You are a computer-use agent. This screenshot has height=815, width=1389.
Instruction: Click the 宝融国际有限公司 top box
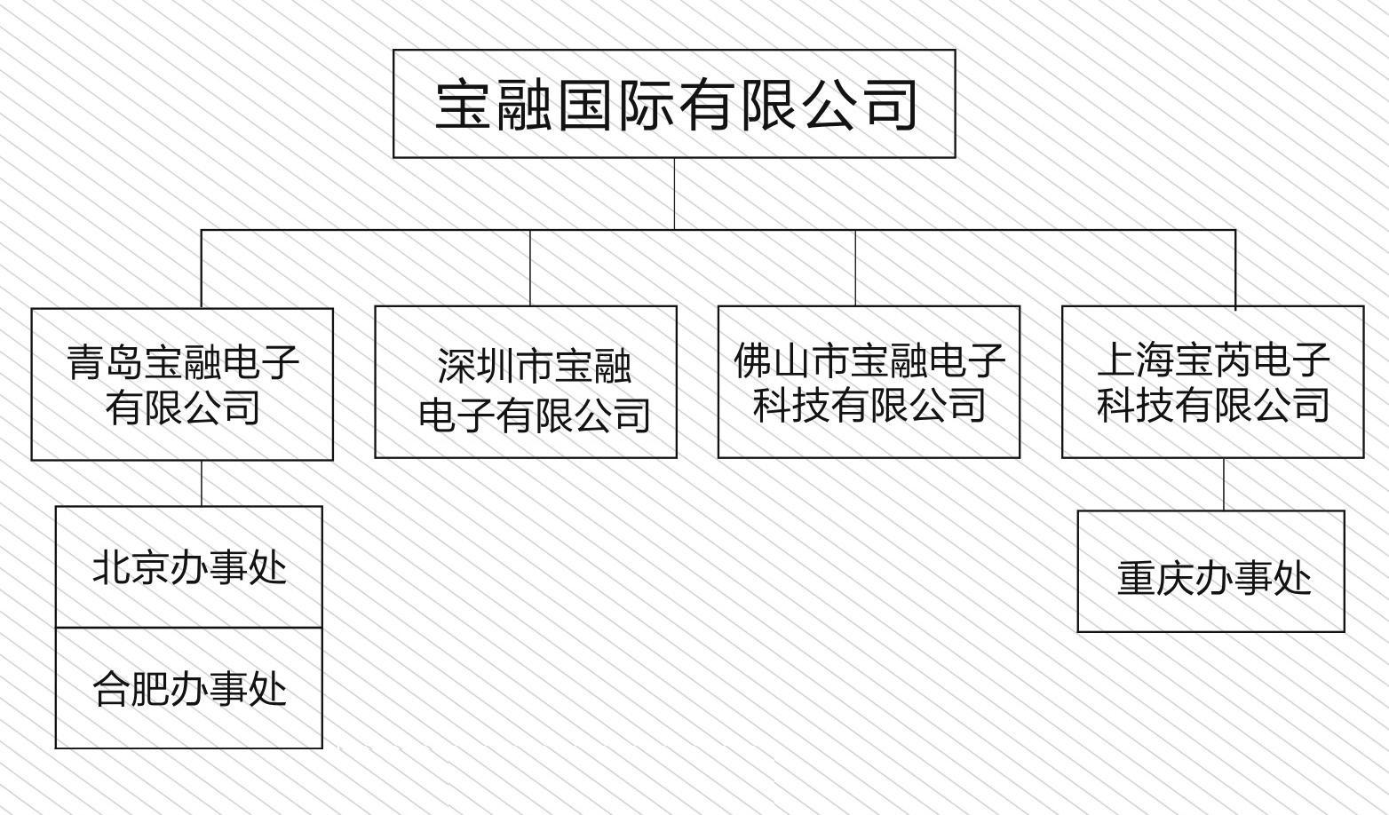point(674,104)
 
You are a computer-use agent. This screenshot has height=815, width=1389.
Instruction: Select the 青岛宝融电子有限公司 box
point(182,384)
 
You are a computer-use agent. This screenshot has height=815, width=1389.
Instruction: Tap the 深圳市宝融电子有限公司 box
point(526,382)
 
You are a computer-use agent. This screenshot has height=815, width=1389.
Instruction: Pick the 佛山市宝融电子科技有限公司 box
point(869,382)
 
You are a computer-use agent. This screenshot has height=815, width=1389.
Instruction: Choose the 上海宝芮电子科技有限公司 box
point(1212,382)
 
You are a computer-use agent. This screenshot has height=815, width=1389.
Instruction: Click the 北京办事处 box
point(188,567)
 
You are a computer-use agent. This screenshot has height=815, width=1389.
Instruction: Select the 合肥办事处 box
point(188,688)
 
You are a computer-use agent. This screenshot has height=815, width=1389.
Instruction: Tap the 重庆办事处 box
point(1210,571)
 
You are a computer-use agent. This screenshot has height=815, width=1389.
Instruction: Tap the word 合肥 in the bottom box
point(131,689)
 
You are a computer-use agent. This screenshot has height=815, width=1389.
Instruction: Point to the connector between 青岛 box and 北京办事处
point(202,483)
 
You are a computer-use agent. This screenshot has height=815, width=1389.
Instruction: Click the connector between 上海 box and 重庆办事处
point(1224,484)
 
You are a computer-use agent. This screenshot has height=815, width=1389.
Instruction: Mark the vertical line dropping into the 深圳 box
point(530,268)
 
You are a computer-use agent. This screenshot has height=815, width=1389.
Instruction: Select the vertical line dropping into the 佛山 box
point(855,268)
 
